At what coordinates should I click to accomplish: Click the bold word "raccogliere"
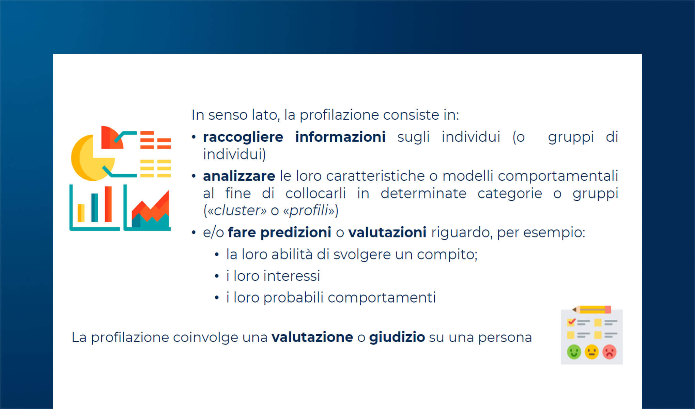click(243, 137)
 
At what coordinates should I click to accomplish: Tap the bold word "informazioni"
click(340, 137)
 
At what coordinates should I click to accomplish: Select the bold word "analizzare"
click(239, 176)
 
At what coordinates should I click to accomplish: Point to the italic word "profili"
click(309, 211)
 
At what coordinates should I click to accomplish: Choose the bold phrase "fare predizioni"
click(279, 233)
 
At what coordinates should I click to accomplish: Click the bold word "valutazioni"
click(387, 233)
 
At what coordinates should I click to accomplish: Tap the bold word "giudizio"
click(397, 337)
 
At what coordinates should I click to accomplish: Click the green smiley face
click(574, 352)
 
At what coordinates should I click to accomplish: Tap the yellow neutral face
click(591, 352)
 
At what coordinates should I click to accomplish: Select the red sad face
click(609, 352)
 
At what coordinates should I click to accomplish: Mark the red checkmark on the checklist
click(571, 321)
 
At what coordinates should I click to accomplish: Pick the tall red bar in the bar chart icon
click(108, 204)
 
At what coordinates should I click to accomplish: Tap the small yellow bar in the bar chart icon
click(81, 213)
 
